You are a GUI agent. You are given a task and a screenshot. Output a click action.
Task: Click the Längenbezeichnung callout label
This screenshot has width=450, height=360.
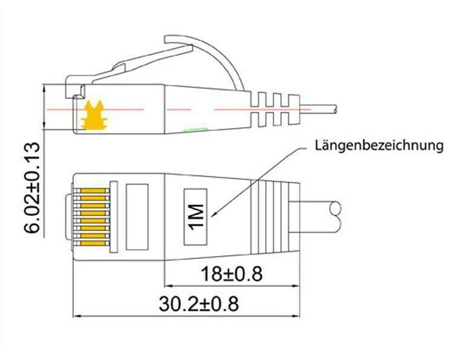[379, 146]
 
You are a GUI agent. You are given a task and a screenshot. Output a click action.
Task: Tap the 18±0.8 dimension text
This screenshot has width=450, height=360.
[231, 274]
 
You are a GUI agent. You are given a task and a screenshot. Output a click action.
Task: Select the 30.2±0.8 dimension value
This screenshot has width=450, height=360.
[198, 304]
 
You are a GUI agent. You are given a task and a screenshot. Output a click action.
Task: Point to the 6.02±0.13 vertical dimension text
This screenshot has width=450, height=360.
[32, 187]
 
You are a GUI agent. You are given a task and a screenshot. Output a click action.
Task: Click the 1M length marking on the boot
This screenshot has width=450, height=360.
[196, 217]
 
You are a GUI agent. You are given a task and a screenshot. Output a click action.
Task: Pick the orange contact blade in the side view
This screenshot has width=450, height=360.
[94, 115]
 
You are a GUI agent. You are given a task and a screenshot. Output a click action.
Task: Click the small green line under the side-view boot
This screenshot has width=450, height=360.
[196, 129]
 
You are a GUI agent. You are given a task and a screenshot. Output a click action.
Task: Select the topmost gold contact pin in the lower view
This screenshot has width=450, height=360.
[93, 191]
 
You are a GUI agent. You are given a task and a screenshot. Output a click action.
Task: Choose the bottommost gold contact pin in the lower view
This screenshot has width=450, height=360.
[93, 243]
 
